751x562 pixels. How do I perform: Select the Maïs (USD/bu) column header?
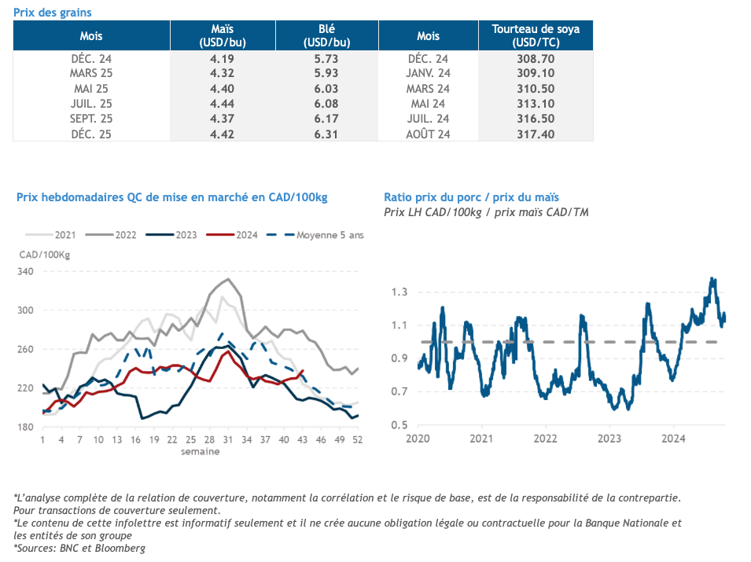[223, 35]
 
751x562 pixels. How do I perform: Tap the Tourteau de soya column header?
[536, 35]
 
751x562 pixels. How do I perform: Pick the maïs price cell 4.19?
[223, 59]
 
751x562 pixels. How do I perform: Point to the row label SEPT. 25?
[91, 119]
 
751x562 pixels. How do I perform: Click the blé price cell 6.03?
[326, 89]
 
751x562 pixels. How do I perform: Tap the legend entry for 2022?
[126, 234]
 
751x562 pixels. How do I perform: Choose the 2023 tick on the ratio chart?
[609, 438]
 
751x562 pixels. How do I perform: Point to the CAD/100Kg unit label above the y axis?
[45, 254]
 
